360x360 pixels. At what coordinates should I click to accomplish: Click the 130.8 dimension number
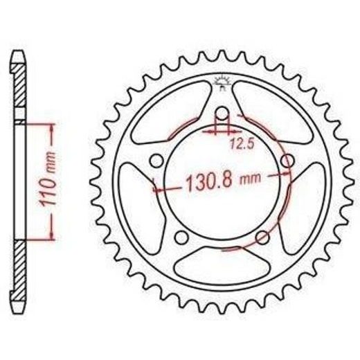pos(209,182)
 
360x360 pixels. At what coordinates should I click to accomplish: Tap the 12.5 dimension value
pos(242,144)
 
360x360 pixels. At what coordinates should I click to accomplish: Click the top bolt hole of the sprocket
pos(222,113)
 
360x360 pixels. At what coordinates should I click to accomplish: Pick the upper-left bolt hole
pos(156,161)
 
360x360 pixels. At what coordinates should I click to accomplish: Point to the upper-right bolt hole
pos(288,161)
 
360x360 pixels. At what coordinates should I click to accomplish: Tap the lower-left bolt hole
pos(181,237)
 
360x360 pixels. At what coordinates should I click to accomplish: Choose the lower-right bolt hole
pos(263,237)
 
